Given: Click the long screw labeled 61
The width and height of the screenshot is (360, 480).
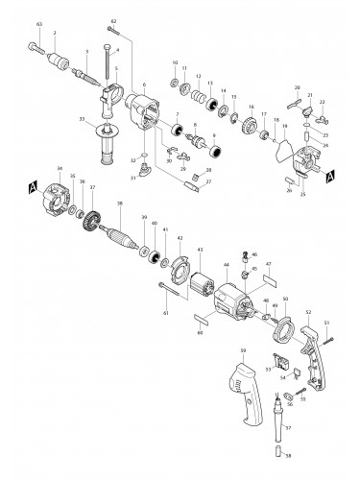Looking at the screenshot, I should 174,293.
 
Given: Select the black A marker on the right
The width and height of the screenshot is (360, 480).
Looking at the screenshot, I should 330,176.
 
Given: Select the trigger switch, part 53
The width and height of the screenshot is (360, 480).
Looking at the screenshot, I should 279,362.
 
